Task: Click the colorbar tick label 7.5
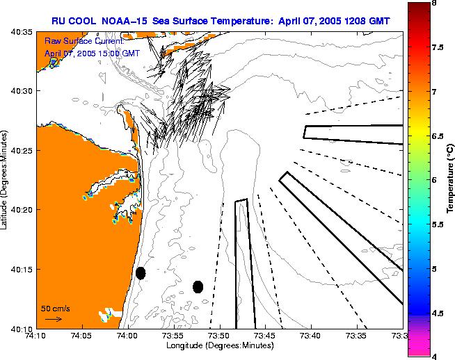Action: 438,47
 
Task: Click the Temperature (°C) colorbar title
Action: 449,180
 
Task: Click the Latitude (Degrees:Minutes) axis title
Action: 6,180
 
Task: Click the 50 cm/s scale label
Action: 55,308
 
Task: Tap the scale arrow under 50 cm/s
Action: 53,319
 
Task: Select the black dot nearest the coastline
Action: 141,273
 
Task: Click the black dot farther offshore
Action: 198,286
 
